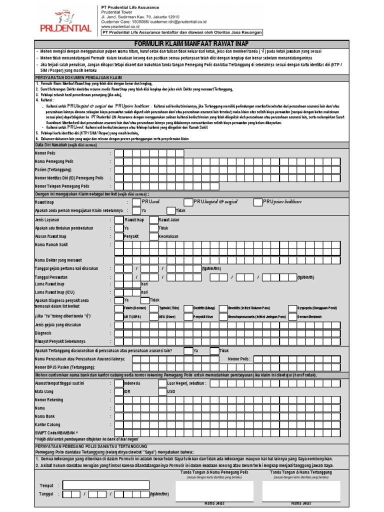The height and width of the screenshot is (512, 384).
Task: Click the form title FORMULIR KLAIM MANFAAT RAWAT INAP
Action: (191, 44)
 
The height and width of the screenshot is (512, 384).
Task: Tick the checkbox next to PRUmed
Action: (136, 202)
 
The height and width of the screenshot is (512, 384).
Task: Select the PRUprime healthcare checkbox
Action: (257, 202)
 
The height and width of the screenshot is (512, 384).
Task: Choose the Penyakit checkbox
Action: (118, 236)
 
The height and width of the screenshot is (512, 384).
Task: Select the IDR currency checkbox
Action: (118, 391)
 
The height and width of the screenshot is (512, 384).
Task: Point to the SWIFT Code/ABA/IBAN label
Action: (56, 431)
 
